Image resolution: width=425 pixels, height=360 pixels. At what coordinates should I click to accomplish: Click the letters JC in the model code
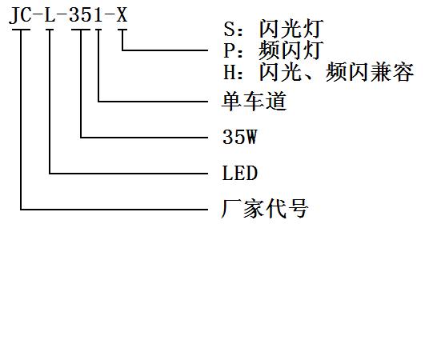pos(20,15)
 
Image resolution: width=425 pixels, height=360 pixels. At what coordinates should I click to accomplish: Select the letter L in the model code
pos(50,14)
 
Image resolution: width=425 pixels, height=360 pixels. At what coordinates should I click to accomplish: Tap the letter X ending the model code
pos(122,14)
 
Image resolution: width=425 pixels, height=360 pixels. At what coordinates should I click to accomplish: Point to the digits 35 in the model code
pos(81,14)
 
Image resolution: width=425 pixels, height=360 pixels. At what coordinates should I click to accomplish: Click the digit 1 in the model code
pos(98,14)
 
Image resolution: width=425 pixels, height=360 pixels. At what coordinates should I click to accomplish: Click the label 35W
pos(239,137)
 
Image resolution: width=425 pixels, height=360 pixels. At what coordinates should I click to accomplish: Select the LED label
pos(239,173)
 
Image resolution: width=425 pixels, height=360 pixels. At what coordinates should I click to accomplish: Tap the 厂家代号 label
pos(265,208)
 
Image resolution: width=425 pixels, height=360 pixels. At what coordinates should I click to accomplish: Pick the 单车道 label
pos(254,101)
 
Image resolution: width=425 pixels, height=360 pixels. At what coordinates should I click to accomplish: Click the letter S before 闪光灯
pos(229,29)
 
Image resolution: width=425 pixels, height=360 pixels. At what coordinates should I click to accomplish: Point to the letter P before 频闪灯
pos(229,50)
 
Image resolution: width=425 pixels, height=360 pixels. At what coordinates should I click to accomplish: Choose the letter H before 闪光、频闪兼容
pos(229,72)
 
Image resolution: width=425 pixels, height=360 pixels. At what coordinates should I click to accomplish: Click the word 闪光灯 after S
pos(291,29)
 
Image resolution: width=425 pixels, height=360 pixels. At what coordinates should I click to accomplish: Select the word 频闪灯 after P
pos(291,50)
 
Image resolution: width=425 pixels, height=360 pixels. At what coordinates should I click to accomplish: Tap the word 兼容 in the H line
pos(392,72)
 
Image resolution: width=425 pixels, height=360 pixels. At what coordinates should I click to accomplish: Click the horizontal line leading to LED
pos(129,174)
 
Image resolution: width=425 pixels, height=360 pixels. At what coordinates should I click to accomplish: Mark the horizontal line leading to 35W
pos(144,138)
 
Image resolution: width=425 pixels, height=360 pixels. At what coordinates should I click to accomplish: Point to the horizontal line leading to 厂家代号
pos(114,210)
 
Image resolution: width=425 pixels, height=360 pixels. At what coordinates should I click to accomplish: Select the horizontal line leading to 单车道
pos(153,102)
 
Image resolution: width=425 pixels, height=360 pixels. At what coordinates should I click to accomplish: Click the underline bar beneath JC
pos(21,30)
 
